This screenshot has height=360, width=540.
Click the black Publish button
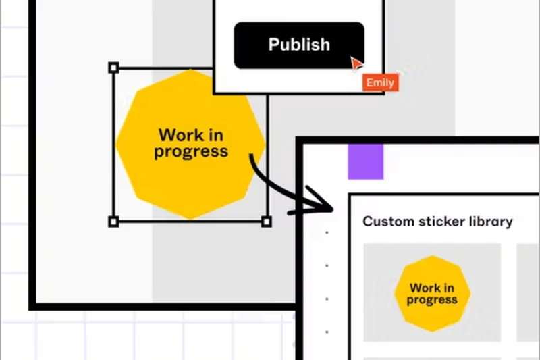(x=299, y=45)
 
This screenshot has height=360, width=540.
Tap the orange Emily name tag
(x=380, y=83)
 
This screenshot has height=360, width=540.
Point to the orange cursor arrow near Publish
(x=356, y=64)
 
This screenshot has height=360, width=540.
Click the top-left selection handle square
(x=113, y=68)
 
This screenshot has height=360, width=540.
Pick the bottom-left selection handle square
(x=113, y=222)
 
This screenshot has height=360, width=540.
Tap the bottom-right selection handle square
(x=266, y=222)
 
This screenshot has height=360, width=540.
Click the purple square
(x=365, y=161)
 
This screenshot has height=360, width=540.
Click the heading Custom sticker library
(x=437, y=222)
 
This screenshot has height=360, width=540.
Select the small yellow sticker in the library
(x=432, y=293)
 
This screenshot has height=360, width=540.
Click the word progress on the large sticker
(x=191, y=151)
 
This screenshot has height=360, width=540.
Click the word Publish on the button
(x=299, y=45)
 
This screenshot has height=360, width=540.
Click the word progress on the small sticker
(x=432, y=300)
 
